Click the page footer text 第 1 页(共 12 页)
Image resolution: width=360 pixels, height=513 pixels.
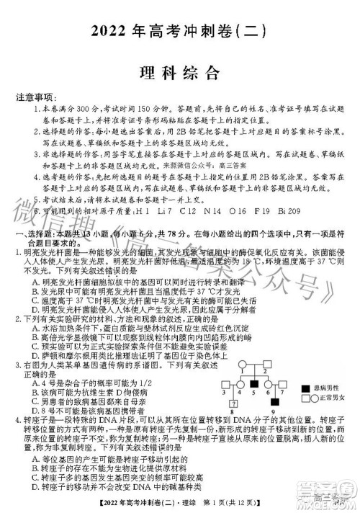(x=231, y=501)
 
